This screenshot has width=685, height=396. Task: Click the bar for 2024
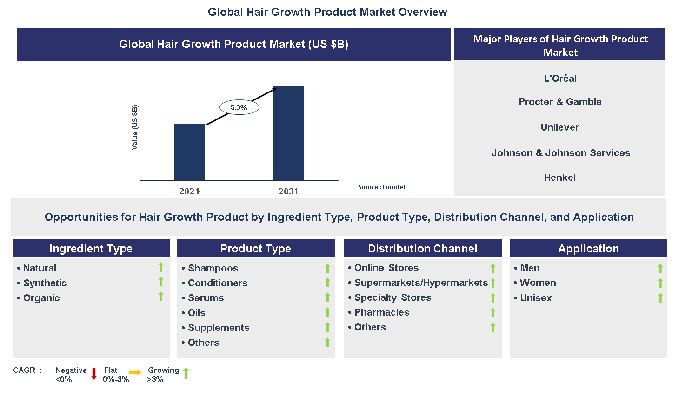click(189, 152)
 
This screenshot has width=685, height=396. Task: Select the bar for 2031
click(288, 133)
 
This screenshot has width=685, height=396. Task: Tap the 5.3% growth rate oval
click(239, 107)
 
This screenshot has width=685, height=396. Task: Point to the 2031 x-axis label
click(288, 191)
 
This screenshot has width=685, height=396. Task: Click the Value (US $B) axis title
click(135, 127)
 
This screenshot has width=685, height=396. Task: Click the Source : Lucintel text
click(382, 187)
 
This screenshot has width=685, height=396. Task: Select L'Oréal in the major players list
click(560, 79)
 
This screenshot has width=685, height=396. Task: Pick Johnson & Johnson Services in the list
click(560, 153)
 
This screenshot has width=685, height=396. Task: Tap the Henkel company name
click(559, 178)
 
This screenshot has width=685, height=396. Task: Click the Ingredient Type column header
click(91, 249)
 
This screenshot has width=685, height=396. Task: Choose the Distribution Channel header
click(422, 249)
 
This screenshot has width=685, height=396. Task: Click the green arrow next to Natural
click(161, 267)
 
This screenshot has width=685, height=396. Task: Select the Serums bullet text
click(206, 298)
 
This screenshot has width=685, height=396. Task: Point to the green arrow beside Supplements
click(327, 328)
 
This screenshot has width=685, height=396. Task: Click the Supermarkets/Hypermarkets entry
click(421, 283)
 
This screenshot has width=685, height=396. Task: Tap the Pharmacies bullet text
click(382, 312)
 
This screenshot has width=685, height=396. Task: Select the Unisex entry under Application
click(536, 298)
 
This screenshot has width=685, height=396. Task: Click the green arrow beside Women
click(660, 283)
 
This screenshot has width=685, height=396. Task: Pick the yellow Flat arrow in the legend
click(135, 372)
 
